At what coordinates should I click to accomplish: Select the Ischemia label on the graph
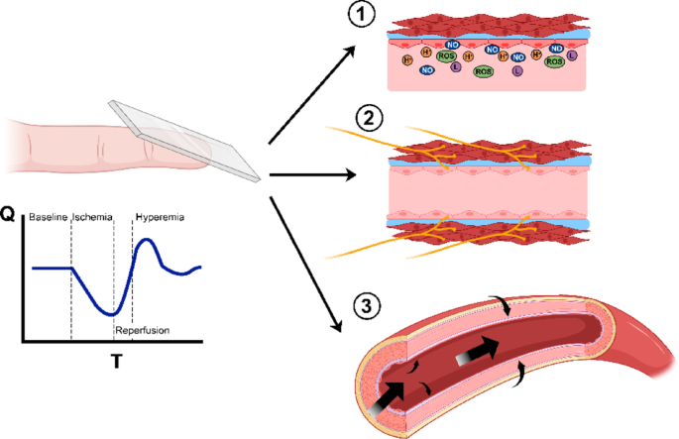coord(92,216)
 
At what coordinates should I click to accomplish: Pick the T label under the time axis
coord(116,362)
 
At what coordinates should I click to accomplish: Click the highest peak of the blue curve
coord(146,240)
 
